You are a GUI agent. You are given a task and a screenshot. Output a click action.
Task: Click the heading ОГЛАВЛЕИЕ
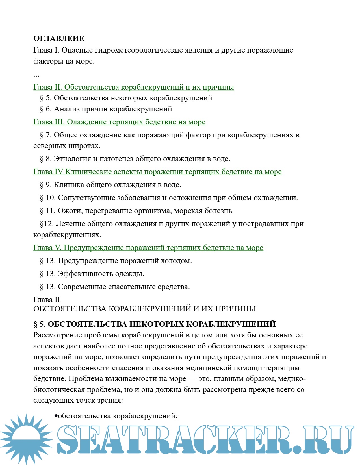coord(59,38)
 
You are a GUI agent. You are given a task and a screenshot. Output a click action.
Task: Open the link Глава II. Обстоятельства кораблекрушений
coord(133,87)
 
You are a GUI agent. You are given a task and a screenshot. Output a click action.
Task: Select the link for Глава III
coord(119,122)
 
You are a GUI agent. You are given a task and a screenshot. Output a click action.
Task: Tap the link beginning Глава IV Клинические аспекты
coord(157,172)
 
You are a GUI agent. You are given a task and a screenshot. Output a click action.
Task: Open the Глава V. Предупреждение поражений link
coord(148,248)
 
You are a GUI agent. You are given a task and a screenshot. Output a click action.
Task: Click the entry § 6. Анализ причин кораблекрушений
coord(106,109)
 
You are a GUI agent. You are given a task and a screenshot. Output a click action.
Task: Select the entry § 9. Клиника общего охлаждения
coord(110,185)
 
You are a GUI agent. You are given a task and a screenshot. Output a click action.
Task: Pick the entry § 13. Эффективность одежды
coord(92,274)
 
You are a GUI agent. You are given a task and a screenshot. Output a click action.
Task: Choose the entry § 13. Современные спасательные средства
coord(115,287)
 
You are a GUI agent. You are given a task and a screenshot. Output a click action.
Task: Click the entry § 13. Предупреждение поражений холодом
coord(116,261)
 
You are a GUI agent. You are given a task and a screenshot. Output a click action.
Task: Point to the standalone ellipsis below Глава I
coord(36,75)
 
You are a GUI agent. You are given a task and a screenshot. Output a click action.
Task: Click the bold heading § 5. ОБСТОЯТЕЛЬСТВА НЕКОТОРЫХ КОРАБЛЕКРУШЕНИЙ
coord(154,324)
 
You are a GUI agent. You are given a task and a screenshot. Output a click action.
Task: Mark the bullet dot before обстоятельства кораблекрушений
coord(56,416)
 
